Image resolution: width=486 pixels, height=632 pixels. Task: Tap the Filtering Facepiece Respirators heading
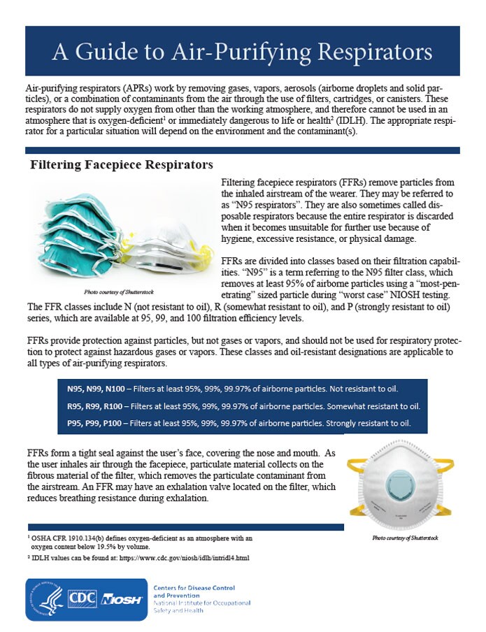(x=121, y=165)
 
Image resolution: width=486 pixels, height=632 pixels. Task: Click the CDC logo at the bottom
(x=83, y=599)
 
